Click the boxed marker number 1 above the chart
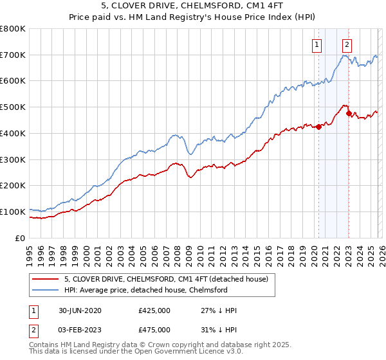tap(318, 45)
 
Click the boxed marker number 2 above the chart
tap(347, 45)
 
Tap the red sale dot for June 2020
tap(318, 127)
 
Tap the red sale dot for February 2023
tap(349, 114)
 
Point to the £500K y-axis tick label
tap(13, 107)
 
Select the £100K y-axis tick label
tap(13, 212)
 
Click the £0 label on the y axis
tap(20, 238)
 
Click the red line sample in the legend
tap(44, 279)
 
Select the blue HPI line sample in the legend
tap(44, 290)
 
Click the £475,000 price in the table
tap(154, 329)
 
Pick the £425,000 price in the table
tap(154, 310)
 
